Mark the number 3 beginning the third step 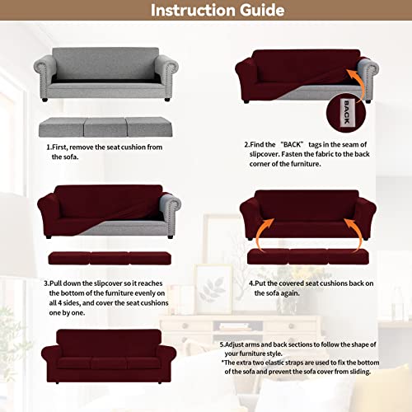click(47, 283)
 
